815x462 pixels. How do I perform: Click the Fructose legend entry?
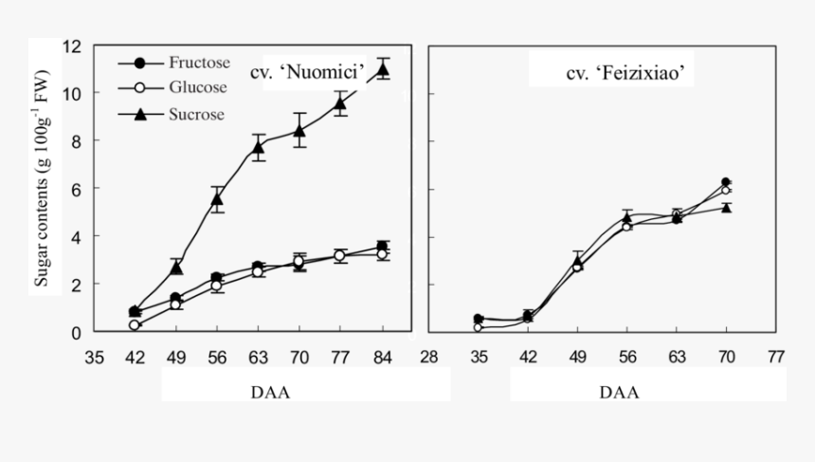click(199, 64)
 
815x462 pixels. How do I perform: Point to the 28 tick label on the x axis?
click(429, 358)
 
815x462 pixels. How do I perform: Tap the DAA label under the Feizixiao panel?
click(619, 392)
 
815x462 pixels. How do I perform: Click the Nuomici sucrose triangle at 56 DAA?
click(217, 198)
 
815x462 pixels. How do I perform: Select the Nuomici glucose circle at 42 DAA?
click(135, 325)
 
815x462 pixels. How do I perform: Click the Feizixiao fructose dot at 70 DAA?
click(726, 182)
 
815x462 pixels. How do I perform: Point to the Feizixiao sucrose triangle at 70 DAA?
click(727, 207)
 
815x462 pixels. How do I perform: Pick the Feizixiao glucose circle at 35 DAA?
click(479, 327)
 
